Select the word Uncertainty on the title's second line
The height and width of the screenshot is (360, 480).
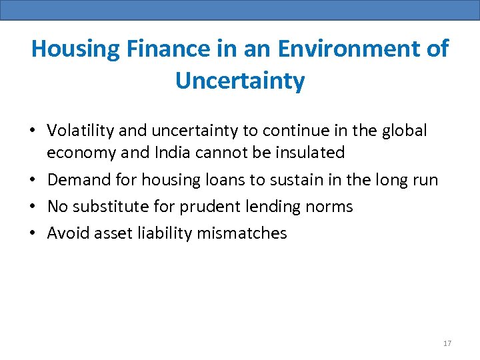click(x=240, y=81)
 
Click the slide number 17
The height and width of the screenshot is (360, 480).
click(x=447, y=343)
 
